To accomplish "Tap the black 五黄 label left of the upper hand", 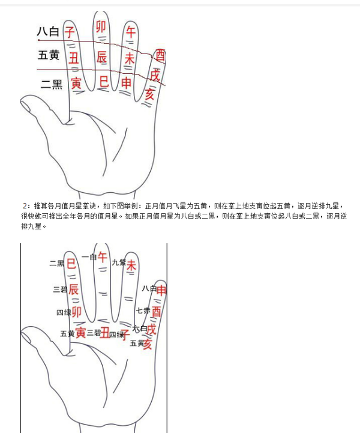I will pos(48,56).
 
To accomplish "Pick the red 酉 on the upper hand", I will pos(160,56).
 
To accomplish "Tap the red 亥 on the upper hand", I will pos(151,93).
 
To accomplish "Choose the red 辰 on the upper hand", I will pos(102,57).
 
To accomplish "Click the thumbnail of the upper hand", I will pos(26,106).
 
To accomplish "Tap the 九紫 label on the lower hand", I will pos(118,262).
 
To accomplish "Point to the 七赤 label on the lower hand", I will pos(143,311).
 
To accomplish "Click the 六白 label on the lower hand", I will pos(139,329).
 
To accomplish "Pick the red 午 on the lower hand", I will pos(103,257).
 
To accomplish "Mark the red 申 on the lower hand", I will pos(161,290).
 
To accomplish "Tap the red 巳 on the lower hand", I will pos(71,263).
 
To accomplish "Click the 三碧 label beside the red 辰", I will pos(60,289).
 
